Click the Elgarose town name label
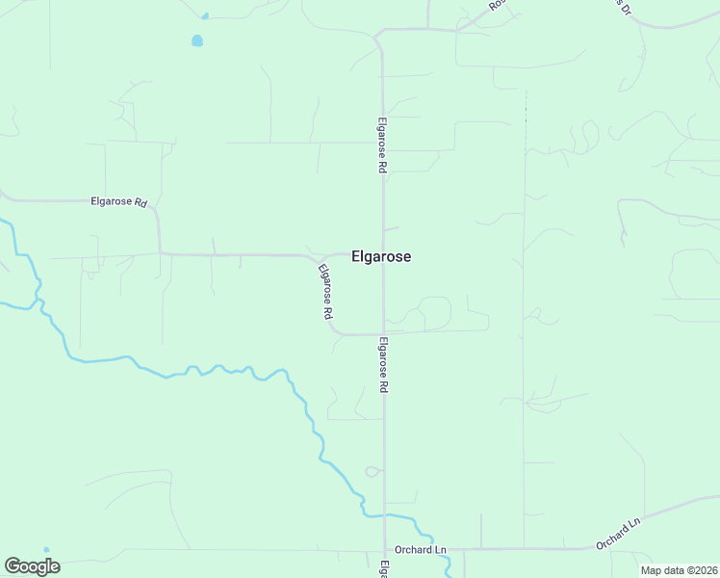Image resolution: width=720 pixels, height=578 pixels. coord(382,257)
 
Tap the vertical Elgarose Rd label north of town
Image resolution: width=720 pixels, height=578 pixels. coord(382,145)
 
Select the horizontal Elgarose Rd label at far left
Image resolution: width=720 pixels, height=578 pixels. coord(118,202)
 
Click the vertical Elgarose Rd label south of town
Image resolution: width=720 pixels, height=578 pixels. coord(383,363)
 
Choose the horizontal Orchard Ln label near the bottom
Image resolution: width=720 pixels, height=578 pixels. coord(421,550)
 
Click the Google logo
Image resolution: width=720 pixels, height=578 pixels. coord(32,566)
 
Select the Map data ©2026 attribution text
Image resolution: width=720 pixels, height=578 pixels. coord(680,570)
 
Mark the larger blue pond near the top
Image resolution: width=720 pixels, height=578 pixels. coord(197,40)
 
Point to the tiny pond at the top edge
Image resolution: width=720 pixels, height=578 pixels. coord(204,15)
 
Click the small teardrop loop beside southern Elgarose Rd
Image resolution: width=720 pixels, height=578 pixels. coord(372,471)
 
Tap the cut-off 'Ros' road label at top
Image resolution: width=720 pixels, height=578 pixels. coord(496,5)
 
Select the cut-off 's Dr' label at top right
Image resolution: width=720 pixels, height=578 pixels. coord(623,7)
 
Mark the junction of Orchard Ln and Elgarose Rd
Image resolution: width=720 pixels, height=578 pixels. coord(385,549)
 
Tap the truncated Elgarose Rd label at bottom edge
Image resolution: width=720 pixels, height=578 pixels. coord(383,568)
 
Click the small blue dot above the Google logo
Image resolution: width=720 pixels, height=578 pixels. coord(45,550)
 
